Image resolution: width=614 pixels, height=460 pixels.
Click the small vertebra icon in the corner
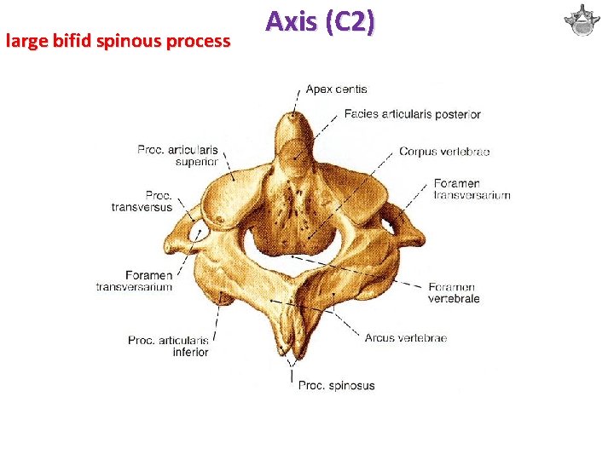tap(582, 21)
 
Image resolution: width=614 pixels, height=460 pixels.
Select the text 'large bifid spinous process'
tap(118, 40)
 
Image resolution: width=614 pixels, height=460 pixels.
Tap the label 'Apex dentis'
tap(337, 89)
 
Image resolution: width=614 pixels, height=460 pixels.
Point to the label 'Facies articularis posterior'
tap(413, 114)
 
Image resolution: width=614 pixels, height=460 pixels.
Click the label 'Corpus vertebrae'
tap(444, 152)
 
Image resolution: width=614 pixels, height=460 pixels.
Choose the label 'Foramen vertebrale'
tap(454, 293)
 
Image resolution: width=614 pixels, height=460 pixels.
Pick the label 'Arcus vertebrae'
tap(405, 338)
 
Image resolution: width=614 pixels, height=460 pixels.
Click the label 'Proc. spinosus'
tap(336, 386)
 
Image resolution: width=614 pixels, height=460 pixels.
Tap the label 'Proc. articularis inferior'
tap(168, 346)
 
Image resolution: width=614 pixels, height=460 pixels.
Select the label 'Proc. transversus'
tap(142, 200)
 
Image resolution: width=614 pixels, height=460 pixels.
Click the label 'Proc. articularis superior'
tap(177, 155)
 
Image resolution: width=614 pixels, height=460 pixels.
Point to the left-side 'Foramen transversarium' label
tap(136, 281)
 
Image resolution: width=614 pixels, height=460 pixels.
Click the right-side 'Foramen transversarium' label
tap(472, 189)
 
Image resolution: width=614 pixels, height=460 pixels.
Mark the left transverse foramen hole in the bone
tap(202, 231)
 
